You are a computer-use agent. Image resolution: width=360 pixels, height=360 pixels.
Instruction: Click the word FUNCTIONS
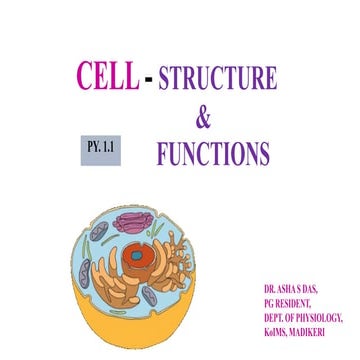tap(212, 154)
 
